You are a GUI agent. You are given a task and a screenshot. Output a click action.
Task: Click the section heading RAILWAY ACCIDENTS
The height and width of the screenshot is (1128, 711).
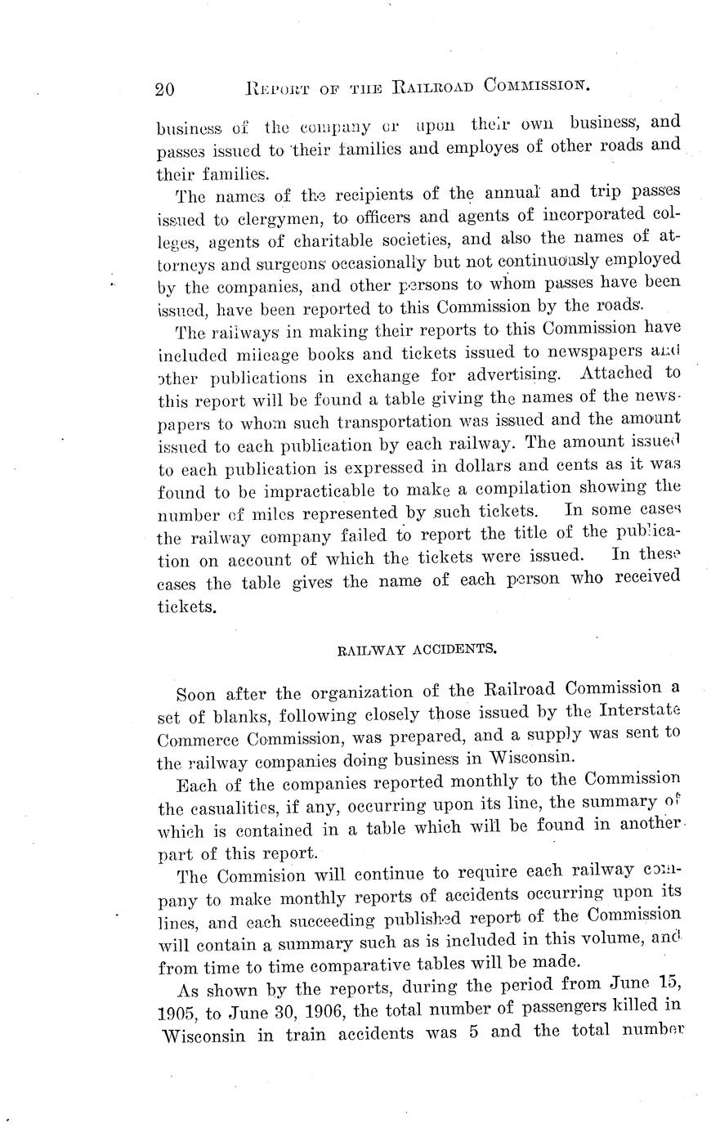(x=418, y=651)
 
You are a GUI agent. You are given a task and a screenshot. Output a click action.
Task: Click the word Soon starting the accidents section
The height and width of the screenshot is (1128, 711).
(x=196, y=696)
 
